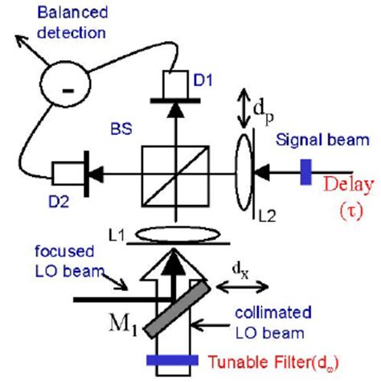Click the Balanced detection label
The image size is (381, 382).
[56, 24]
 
